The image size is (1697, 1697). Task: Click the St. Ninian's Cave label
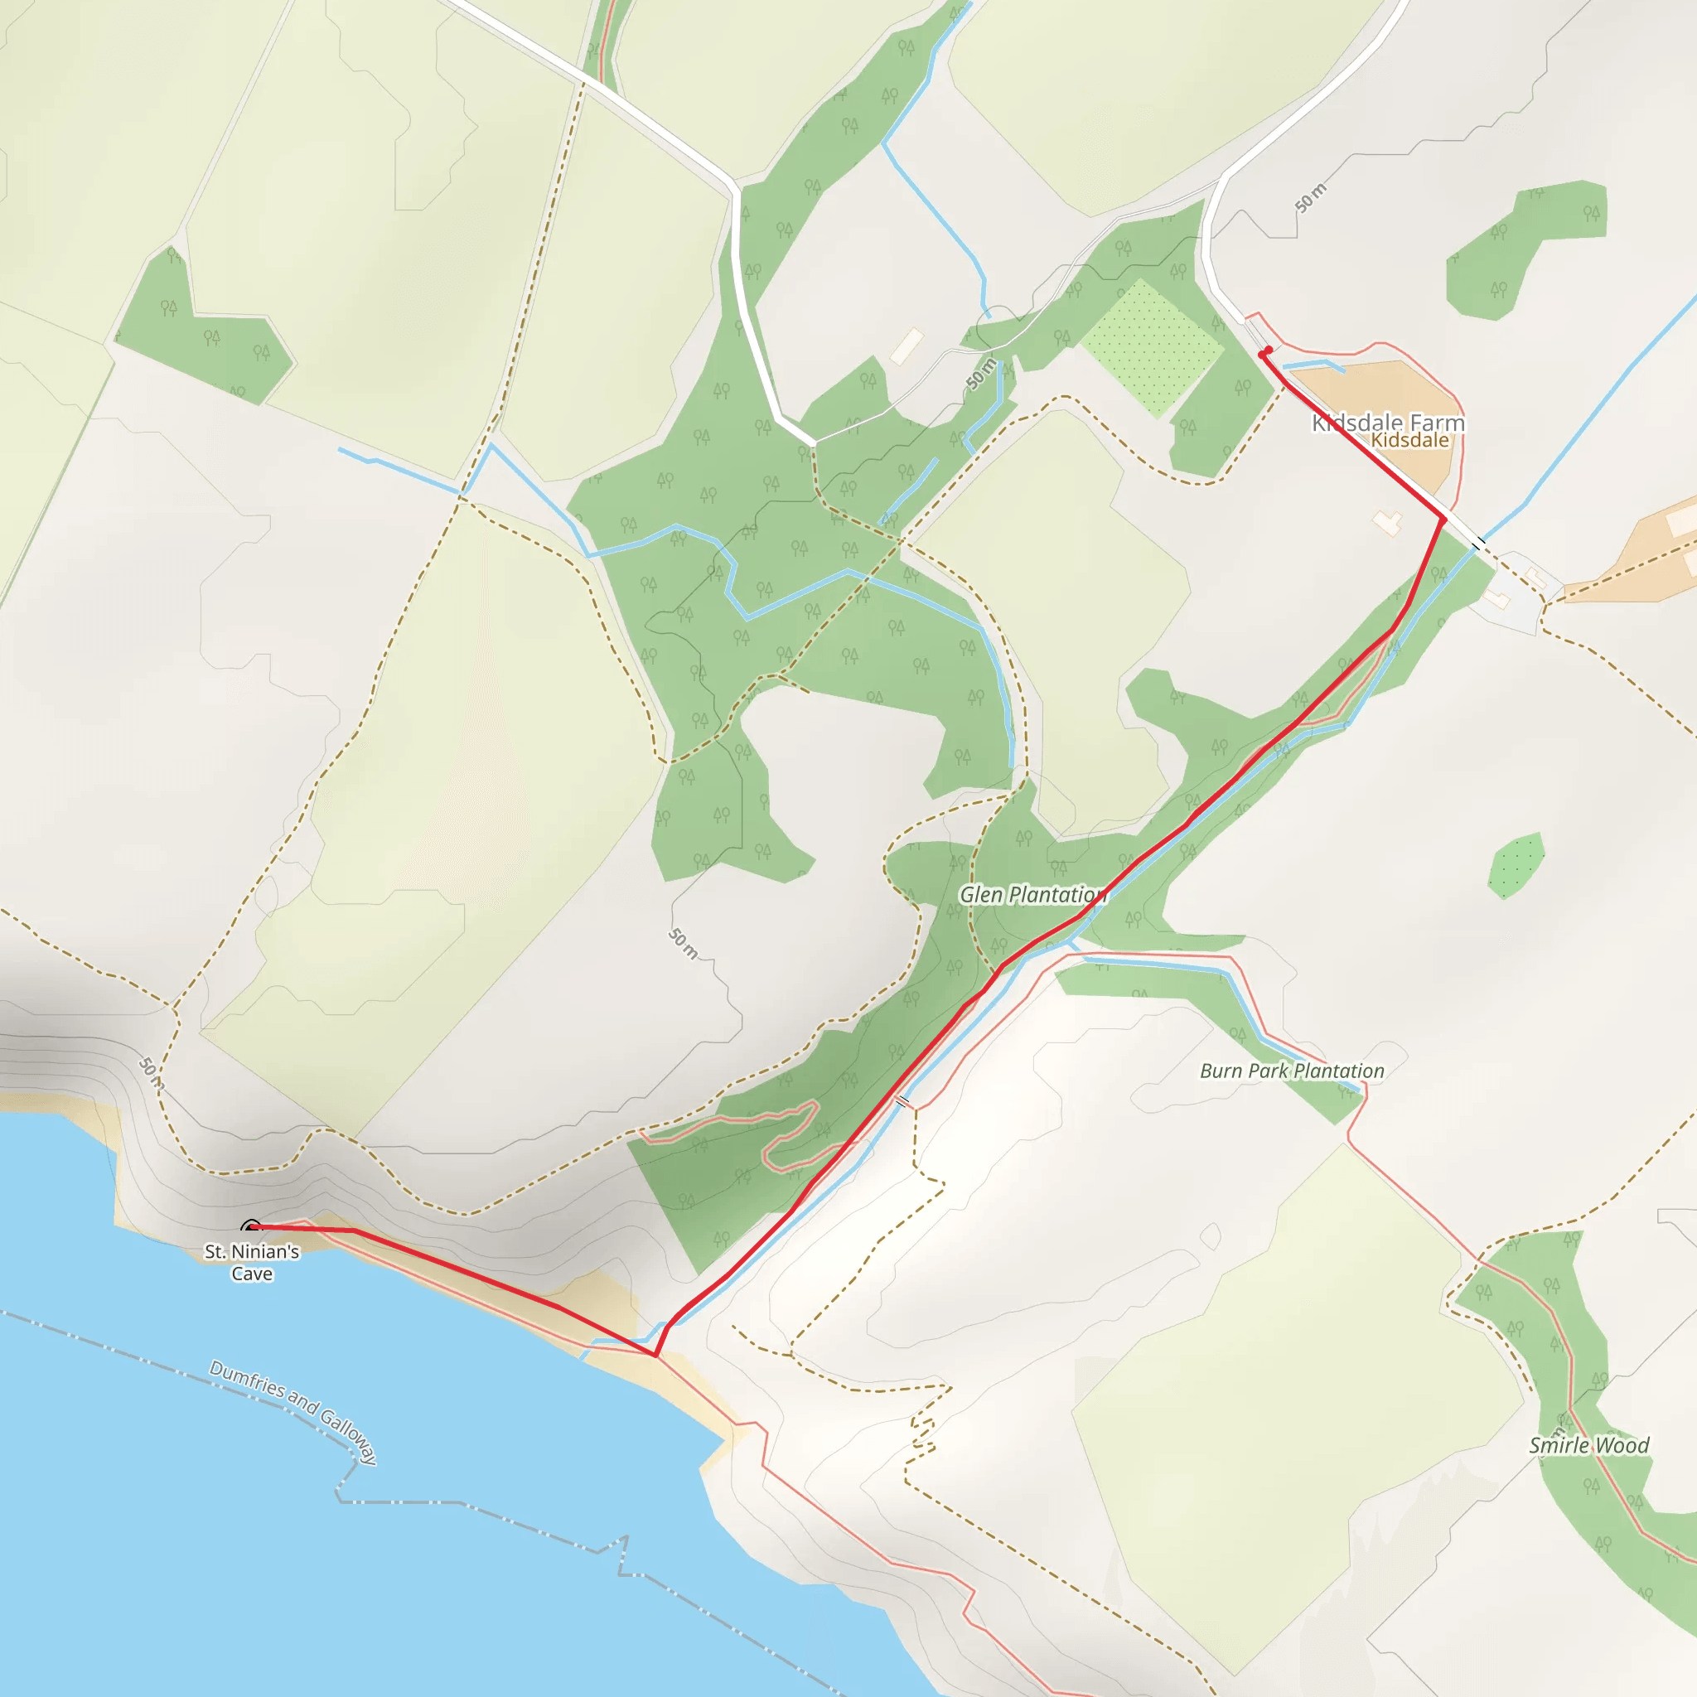tap(252, 1261)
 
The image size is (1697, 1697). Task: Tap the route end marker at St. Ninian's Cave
tap(250, 1227)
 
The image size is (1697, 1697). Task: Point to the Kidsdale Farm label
tap(1387, 423)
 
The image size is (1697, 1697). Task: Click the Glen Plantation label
tap(1032, 895)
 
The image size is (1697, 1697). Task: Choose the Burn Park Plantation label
tap(1291, 1071)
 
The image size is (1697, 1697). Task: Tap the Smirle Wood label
tap(1589, 1446)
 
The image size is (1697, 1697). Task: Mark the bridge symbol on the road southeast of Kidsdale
tap(1478, 544)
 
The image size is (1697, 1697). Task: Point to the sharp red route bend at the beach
tap(655, 1356)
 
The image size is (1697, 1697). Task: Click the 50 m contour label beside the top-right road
tap(1311, 199)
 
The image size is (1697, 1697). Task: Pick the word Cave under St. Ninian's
tap(252, 1274)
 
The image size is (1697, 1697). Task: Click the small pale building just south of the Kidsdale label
tap(1388, 524)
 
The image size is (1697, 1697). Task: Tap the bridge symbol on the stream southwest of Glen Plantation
tap(902, 1101)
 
